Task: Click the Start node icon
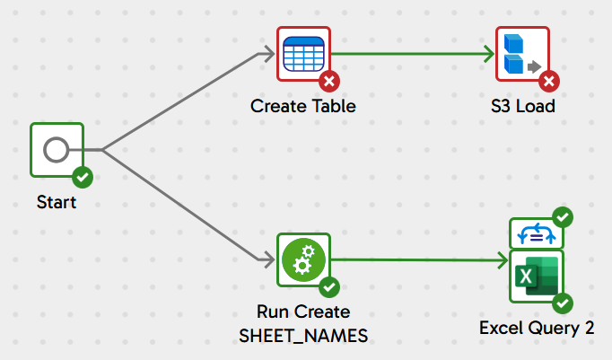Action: pyautogui.click(x=56, y=150)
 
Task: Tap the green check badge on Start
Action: pyautogui.click(x=83, y=177)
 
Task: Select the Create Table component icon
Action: pyautogui.click(x=303, y=54)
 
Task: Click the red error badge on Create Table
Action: pyautogui.click(x=329, y=82)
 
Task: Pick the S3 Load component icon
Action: pyautogui.click(x=522, y=54)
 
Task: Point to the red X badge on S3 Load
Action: pyautogui.click(x=549, y=82)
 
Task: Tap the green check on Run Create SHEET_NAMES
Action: pyautogui.click(x=329, y=288)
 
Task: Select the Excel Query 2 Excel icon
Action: pyautogui.click(x=536, y=278)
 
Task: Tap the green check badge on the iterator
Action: pyautogui.click(x=563, y=216)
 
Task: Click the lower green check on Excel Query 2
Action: pyautogui.click(x=563, y=303)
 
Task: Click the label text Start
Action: pyautogui.click(x=56, y=203)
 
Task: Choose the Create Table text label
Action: pyautogui.click(x=303, y=106)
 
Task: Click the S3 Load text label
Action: pyautogui.click(x=523, y=106)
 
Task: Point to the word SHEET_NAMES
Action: pyautogui.click(x=303, y=335)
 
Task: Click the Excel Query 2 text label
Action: pyautogui.click(x=537, y=328)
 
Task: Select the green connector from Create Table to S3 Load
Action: pyautogui.click(x=413, y=53)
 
